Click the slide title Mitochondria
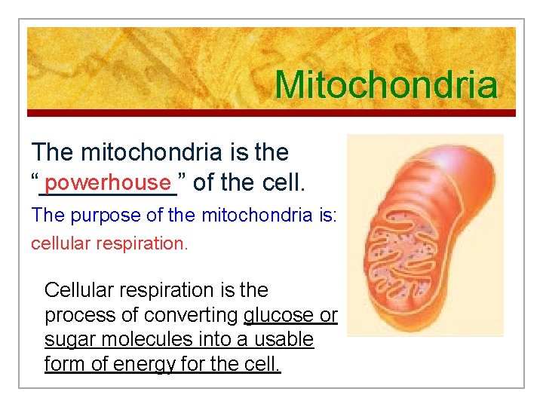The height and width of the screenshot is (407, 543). [385, 85]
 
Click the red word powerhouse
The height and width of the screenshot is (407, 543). [109, 182]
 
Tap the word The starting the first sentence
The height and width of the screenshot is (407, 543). [52, 152]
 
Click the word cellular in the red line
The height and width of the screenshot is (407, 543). [60, 244]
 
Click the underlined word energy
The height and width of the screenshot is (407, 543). [143, 365]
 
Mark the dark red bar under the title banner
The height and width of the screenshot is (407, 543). [271, 113]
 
